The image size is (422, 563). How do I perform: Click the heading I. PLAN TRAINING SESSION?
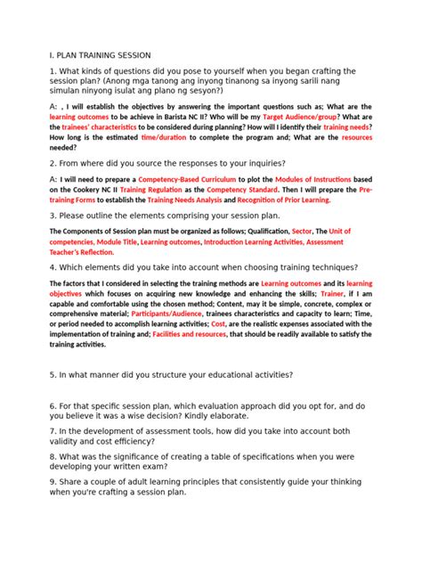click(x=101, y=54)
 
